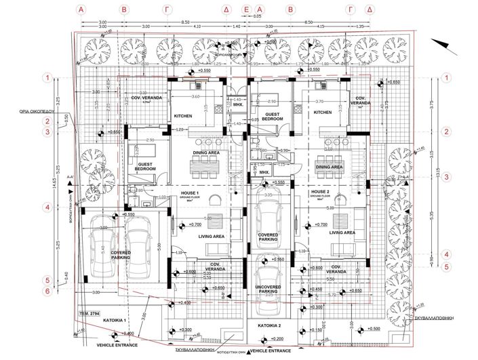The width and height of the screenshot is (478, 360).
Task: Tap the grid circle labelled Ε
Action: click(x=247, y=10)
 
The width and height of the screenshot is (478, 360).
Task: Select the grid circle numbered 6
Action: click(x=47, y=292)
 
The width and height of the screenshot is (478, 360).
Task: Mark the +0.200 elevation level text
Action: click(x=276, y=338)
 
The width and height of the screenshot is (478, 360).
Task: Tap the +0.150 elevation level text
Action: click(x=315, y=330)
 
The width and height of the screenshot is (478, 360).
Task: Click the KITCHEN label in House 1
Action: click(x=183, y=116)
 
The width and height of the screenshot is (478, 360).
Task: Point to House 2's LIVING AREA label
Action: click(x=342, y=233)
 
